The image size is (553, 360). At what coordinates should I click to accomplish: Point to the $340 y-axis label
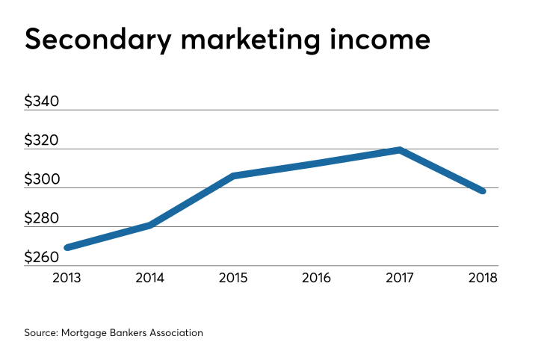click(x=41, y=102)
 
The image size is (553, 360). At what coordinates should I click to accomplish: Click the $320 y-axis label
click(x=41, y=140)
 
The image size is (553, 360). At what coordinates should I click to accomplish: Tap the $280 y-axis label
click(x=41, y=218)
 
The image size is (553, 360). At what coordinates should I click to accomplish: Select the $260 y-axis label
click(x=41, y=258)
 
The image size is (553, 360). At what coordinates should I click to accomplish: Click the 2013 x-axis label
click(x=67, y=279)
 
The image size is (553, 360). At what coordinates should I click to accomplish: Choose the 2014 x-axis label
click(x=150, y=279)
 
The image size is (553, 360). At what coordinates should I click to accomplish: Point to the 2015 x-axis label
click(x=234, y=279)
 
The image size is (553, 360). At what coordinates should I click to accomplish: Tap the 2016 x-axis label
click(x=317, y=279)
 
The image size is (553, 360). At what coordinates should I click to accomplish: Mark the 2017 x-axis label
click(x=401, y=279)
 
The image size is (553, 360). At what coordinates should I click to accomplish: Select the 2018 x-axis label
click(x=483, y=279)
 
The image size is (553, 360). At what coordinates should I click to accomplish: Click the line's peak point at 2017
click(x=401, y=150)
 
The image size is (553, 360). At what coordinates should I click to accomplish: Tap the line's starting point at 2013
click(x=67, y=247)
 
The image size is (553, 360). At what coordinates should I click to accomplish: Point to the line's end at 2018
click(x=483, y=191)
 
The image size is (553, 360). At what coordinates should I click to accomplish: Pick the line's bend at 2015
click(x=234, y=176)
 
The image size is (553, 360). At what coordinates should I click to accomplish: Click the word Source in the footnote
click(x=40, y=332)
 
